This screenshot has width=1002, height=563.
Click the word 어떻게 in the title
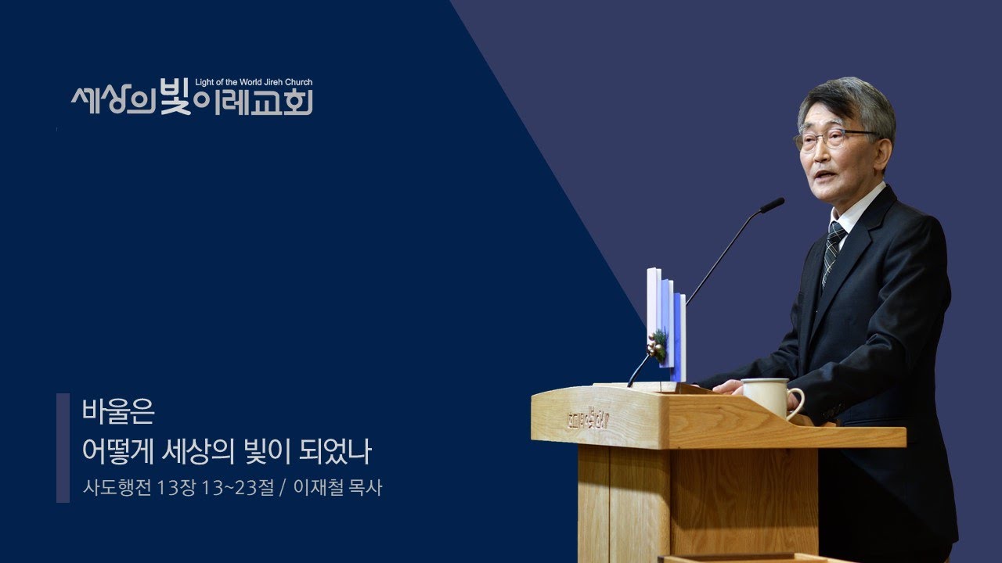[117, 451]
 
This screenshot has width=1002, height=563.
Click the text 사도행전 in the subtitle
[117, 489]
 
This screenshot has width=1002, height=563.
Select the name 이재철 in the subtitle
[319, 489]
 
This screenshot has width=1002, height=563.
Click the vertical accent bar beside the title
[63, 447]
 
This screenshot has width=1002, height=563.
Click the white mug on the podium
[768, 396]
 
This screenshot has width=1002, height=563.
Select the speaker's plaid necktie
[833, 249]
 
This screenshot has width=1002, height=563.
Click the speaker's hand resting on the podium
[727, 386]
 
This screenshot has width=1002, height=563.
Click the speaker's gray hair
[849, 102]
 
